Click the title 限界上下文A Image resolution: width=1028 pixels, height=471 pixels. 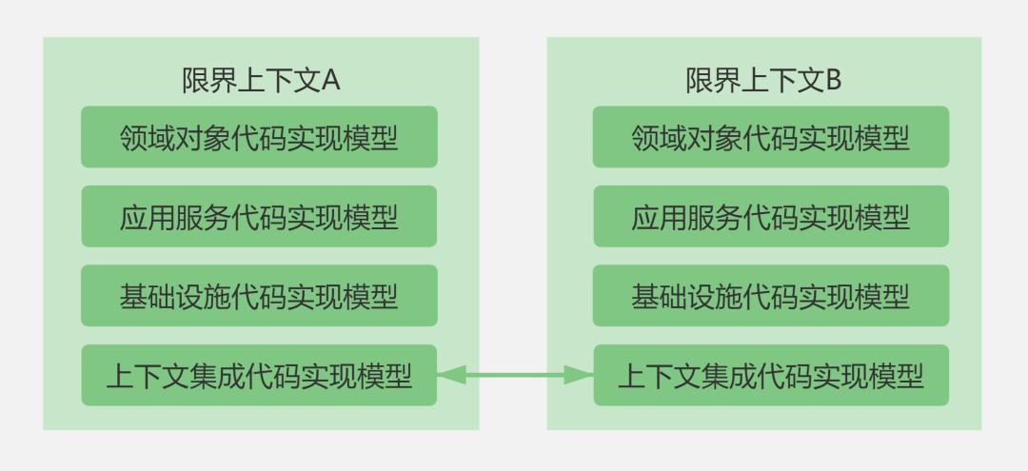click(x=261, y=81)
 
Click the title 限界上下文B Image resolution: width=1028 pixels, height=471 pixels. click(x=763, y=81)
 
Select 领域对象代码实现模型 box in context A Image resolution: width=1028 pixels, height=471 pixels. click(x=259, y=138)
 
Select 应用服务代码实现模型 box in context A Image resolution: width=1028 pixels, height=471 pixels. click(x=259, y=217)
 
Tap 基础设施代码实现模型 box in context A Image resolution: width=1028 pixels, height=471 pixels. click(x=259, y=297)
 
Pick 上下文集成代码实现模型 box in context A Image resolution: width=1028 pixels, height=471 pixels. click(x=259, y=376)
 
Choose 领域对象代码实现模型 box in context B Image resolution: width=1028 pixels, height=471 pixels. click(x=771, y=138)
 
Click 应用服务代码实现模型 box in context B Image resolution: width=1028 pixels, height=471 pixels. click(x=771, y=217)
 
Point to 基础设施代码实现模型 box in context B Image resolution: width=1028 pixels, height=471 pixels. click(x=771, y=297)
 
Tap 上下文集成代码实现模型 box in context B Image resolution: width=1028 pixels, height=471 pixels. click(x=771, y=376)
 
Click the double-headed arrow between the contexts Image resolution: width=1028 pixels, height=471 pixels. click(x=515, y=376)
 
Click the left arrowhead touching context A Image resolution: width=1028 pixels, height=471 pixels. click(x=449, y=376)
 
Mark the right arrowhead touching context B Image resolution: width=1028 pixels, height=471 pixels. click(x=581, y=376)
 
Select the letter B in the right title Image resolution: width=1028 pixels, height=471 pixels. click(x=833, y=81)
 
